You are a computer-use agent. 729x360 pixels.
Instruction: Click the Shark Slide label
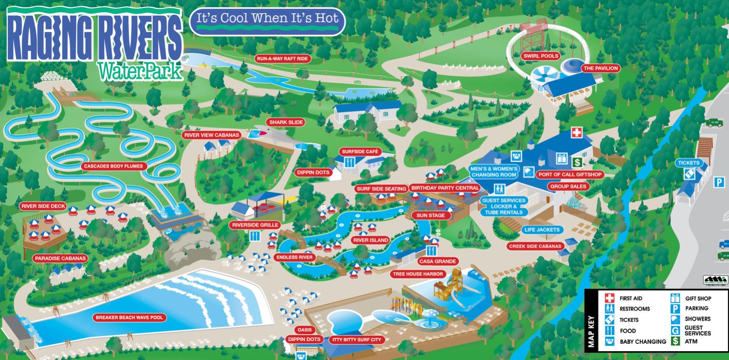tap(286, 122)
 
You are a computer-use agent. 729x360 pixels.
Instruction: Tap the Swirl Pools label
tap(540, 56)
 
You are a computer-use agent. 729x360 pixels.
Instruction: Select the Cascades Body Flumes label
tap(113, 166)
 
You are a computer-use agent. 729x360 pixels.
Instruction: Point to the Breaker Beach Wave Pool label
tap(129, 318)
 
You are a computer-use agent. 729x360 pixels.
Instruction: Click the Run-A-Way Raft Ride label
tap(283, 59)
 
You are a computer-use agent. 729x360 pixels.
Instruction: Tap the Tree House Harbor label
tap(418, 274)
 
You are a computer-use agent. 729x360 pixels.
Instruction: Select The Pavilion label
tap(600, 68)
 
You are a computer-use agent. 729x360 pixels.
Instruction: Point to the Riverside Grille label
tap(255, 225)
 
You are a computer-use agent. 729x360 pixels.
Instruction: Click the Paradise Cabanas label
tap(60, 258)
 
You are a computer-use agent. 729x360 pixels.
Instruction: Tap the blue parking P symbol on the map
tap(719, 182)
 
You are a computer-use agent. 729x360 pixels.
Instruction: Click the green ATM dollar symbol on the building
tap(578, 162)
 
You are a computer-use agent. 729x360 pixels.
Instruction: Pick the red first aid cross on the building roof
tap(577, 132)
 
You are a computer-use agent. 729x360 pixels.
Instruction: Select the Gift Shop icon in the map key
tap(676, 298)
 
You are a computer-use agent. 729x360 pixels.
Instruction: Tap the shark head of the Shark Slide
tap(258, 133)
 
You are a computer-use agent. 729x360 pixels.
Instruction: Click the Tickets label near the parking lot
tap(689, 163)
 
